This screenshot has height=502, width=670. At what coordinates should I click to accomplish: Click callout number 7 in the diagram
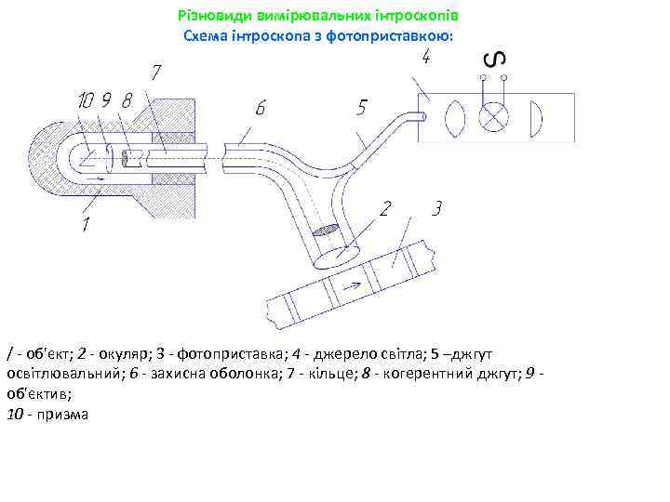coord(156,72)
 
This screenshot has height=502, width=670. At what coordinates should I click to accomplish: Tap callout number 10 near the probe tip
coord(86,99)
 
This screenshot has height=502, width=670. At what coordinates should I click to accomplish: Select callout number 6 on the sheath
coord(261,109)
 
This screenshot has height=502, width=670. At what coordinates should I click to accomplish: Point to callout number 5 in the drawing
coord(361,109)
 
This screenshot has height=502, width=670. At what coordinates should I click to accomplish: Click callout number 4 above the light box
coord(424,58)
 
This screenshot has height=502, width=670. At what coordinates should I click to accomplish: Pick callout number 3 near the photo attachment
coord(435,208)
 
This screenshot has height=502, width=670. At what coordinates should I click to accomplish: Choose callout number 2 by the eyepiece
coord(383,208)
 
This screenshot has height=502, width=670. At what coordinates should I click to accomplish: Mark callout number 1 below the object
coord(86,224)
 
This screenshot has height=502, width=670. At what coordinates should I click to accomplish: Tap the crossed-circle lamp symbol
coord(490,118)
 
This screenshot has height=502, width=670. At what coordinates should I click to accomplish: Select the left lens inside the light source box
coord(454,118)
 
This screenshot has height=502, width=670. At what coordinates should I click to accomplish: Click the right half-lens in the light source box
coord(535,118)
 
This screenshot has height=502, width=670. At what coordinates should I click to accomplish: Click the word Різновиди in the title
coord(208,17)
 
